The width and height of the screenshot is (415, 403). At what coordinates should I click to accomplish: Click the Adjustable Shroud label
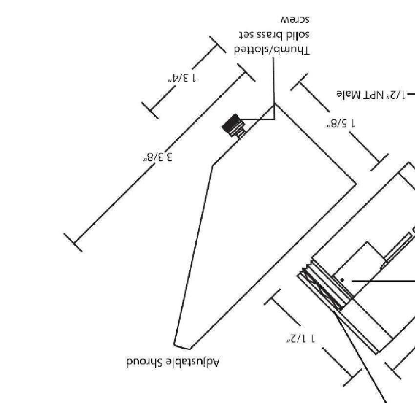coord(173,362)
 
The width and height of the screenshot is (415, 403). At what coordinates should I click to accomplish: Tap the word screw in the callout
coord(294,20)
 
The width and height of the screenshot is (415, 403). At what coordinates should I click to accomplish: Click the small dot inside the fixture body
coord(342,280)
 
